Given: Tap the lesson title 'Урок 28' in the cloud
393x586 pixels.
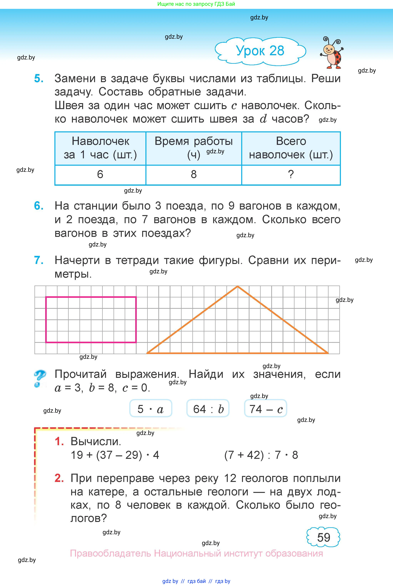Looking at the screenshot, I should pos(260,51).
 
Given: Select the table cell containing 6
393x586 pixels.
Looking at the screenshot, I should pos(100,174).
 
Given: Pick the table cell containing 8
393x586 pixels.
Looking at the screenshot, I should pos(194,174).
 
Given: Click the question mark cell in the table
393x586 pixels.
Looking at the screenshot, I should pos(291,174).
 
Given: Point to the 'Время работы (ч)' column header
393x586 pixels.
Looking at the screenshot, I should pos(194,148).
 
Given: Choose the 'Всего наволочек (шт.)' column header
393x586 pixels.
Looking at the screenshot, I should pos(291,148).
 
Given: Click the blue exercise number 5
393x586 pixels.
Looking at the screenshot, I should pos(39,79).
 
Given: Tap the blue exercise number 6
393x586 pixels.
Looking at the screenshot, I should pos(39,206).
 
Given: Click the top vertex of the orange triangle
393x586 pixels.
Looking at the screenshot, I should pos(238,286).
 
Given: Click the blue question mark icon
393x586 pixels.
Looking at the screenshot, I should pos(40,378).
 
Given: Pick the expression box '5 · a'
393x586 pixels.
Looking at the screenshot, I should pos(151,409).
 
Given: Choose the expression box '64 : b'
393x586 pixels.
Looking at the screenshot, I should pos(208,409).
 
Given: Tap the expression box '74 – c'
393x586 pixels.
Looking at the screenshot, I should pos(265,409).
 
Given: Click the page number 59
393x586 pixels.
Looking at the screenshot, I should pos(323,537).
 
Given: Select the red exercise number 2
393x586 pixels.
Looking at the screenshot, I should pos(59,478).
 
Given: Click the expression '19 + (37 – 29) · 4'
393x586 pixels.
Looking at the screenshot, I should pos(115,455).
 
